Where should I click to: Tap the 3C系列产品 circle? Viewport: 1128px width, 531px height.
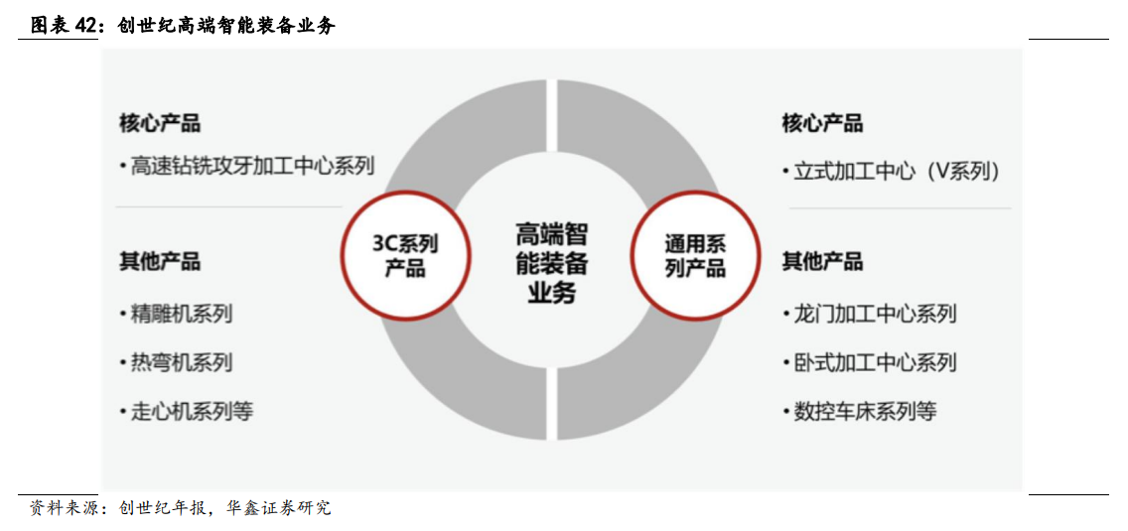(x=404, y=255)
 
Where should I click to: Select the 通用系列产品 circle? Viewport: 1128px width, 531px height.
(x=695, y=255)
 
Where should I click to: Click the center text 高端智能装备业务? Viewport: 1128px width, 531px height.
(x=551, y=263)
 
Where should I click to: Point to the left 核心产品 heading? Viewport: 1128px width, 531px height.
(x=160, y=123)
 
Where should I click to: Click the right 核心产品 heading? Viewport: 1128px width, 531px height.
(x=822, y=123)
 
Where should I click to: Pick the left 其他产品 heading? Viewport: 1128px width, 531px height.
(x=160, y=262)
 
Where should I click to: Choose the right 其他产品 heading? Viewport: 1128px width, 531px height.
(x=822, y=262)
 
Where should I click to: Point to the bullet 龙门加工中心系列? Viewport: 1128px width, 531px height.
(x=875, y=315)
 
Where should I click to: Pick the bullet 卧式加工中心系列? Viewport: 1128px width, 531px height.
(x=875, y=362)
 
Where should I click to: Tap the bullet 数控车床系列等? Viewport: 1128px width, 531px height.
(x=865, y=411)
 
